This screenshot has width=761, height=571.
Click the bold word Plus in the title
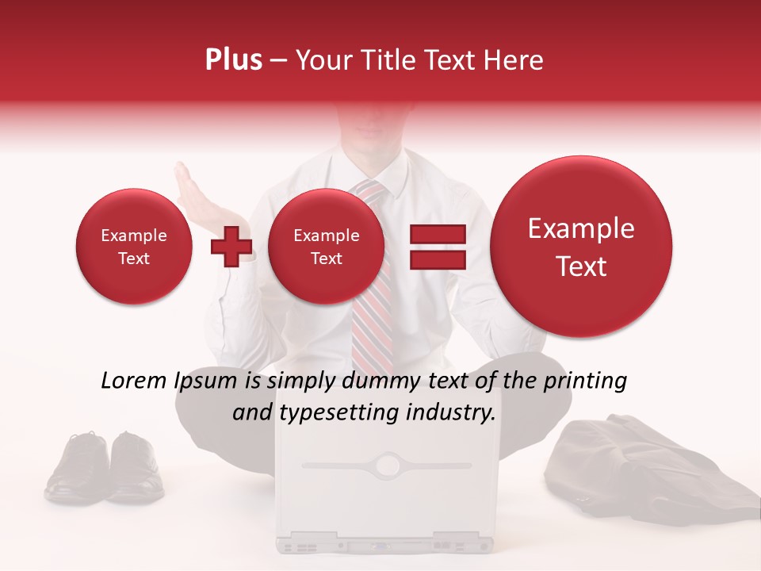coord(233,60)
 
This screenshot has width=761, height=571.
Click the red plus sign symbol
coord(231,247)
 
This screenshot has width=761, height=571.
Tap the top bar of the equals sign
coord(438,235)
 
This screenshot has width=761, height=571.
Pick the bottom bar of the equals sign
coord(438,260)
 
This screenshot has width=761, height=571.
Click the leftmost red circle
coord(134,247)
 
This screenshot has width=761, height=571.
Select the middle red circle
coord(327,247)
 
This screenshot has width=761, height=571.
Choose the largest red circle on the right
coord(581,247)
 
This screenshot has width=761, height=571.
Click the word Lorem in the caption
coord(134,381)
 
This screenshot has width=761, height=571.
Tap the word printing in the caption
coord(587,381)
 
